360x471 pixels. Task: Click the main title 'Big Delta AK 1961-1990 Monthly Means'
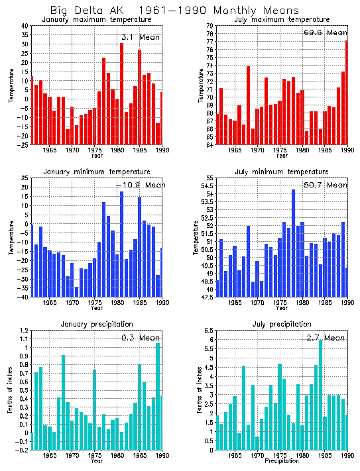(174, 11)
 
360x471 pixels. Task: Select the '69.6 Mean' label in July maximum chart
(325, 32)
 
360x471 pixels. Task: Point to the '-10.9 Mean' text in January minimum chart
(137, 185)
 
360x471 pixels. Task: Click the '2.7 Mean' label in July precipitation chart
(325, 338)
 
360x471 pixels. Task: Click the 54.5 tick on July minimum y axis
(206, 187)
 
